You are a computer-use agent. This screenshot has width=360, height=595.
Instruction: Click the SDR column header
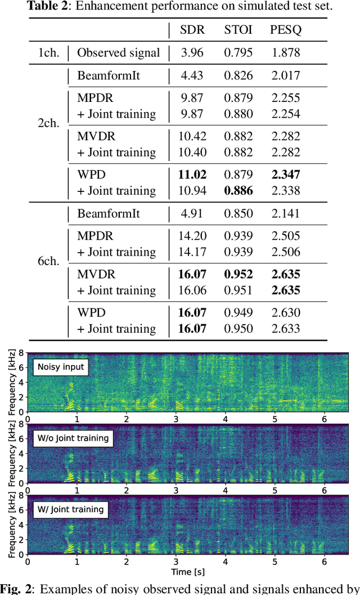coord(192,30)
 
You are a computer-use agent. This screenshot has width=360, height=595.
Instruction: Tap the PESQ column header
coord(285,30)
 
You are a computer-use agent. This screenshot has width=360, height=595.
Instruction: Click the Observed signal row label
coord(118,53)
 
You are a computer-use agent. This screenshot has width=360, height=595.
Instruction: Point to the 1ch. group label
coord(49,53)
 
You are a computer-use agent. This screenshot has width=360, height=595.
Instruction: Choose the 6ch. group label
coord(49,262)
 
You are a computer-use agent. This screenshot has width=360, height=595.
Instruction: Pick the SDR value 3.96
coord(192,53)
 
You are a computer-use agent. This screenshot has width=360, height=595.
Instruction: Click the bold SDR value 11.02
coord(192,175)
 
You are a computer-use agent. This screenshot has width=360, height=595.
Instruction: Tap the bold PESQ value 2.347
coord(285,175)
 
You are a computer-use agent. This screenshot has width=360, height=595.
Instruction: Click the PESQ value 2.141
coord(285,214)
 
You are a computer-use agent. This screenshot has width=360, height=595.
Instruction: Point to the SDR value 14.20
coord(192,236)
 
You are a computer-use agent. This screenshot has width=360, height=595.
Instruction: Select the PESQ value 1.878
coord(285,53)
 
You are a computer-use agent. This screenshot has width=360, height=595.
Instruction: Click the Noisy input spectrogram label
coord(61,367)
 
